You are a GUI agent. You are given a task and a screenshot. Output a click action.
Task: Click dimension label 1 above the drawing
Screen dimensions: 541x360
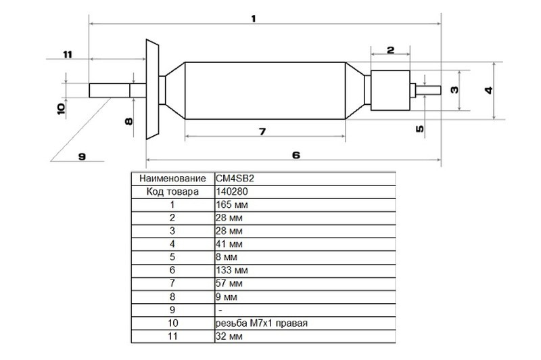click(x=254, y=19)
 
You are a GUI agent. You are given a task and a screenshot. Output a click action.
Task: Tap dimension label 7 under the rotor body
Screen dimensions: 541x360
click(x=262, y=131)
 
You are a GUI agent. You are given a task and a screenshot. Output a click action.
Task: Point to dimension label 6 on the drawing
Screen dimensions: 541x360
click(x=296, y=155)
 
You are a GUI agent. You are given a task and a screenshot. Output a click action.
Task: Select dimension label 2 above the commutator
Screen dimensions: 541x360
click(x=390, y=50)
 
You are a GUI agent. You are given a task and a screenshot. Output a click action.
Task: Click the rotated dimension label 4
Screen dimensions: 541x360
click(x=488, y=91)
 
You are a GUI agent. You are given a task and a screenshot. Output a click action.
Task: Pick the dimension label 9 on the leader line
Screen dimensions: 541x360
click(x=82, y=157)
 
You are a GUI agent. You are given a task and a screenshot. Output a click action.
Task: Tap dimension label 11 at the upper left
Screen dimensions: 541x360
click(x=68, y=55)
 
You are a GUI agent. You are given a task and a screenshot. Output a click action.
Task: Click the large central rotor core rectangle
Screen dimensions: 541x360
click(x=265, y=91)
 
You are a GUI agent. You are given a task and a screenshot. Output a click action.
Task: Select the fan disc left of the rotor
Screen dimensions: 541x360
click(x=152, y=89)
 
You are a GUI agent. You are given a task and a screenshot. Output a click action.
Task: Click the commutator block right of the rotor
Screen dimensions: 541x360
click(x=390, y=91)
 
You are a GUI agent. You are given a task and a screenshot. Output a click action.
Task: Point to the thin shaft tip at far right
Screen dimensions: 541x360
click(x=428, y=91)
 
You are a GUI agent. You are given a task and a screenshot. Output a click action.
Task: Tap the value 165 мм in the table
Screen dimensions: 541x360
click(x=232, y=204)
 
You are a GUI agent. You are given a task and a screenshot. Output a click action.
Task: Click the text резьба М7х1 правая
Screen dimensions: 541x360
click(x=262, y=323)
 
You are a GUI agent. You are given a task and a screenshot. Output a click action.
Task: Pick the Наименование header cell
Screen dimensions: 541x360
click(x=173, y=179)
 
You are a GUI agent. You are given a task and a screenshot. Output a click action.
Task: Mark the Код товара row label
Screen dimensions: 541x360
click(x=173, y=192)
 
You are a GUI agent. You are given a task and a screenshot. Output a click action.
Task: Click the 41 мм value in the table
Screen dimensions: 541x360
click(x=229, y=244)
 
